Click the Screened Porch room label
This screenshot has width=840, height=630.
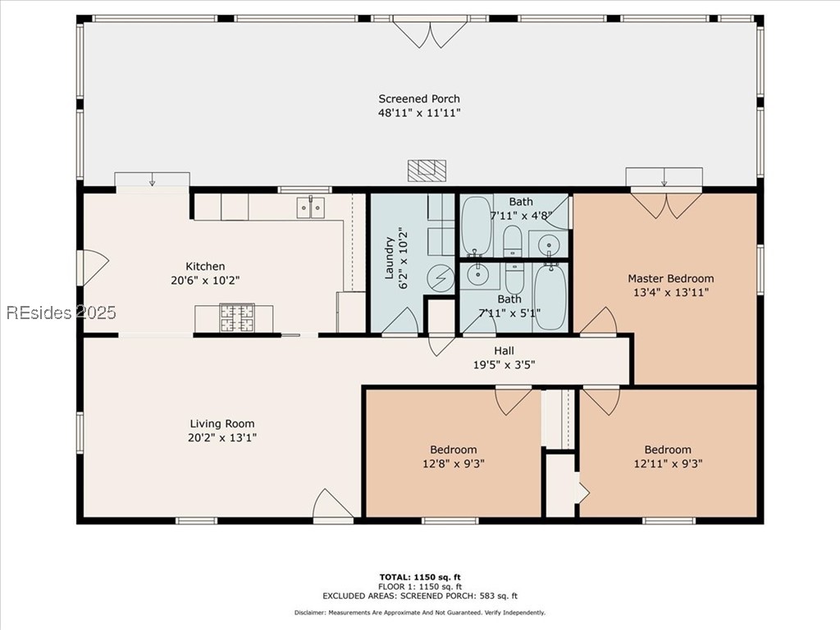419,98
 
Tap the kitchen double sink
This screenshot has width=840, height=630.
311,208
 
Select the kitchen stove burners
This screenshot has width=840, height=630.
237,317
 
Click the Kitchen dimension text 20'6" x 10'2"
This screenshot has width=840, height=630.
205,281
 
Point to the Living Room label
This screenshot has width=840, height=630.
222,424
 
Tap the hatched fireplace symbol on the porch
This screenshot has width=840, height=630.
427,171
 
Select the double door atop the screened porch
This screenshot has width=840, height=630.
430,32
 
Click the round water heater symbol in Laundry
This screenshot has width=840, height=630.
441,278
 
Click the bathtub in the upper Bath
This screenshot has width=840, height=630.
477,226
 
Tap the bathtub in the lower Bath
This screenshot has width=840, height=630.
549,298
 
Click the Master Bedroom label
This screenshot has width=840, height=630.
671,279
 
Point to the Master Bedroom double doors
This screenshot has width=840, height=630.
666,205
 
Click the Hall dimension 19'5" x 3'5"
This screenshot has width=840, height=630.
504,365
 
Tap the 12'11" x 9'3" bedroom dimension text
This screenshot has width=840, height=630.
668,463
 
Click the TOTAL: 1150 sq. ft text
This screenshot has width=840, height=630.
420,577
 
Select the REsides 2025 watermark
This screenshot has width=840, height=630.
61,313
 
